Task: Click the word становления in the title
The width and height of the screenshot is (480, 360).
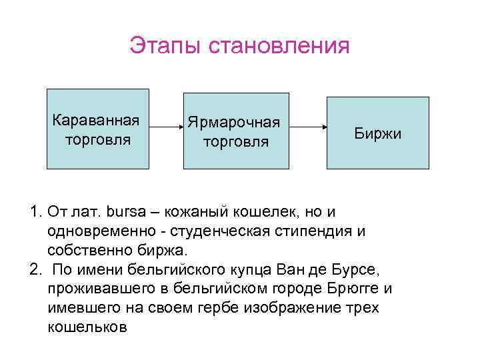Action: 279,47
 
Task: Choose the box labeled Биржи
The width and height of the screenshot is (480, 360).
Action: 377,133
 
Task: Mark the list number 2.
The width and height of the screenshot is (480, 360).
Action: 35,269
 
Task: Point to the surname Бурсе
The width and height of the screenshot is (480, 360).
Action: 357,269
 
